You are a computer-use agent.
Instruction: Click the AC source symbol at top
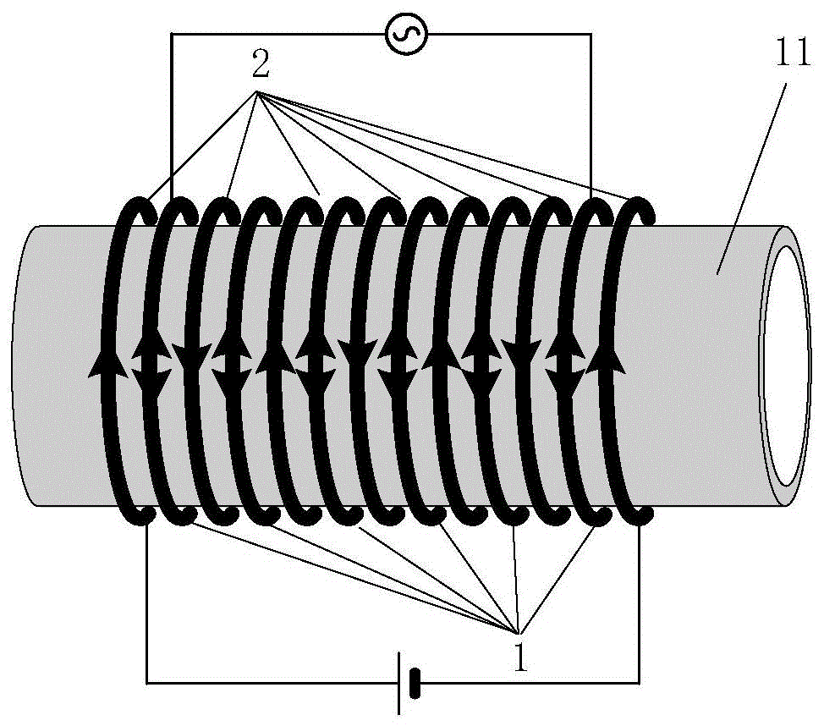point(406,34)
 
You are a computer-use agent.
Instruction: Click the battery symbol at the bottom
point(408,683)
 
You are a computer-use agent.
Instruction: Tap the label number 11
point(793,54)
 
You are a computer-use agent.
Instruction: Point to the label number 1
point(520,657)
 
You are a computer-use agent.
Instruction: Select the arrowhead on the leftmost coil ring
point(108,363)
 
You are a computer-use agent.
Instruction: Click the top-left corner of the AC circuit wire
point(173,34)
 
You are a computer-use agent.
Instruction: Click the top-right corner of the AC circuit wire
point(591,34)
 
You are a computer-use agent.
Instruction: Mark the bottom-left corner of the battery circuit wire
point(146,683)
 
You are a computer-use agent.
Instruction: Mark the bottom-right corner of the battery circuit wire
point(640,683)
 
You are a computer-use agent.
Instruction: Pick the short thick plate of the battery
point(415,684)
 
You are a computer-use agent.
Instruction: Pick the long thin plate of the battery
point(399,684)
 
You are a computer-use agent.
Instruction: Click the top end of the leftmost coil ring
point(151,213)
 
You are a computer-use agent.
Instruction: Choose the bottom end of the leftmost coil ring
point(146,515)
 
